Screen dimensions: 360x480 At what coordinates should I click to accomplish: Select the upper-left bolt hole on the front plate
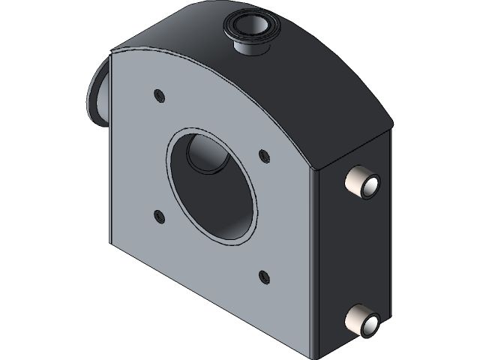pyautogui.click(x=158, y=94)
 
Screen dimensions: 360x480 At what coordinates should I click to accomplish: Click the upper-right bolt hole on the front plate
pyautogui.click(x=263, y=154)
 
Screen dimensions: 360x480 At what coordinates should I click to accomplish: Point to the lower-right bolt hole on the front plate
pyautogui.click(x=263, y=276)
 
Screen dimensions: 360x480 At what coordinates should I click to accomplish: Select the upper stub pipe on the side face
pyautogui.click(x=362, y=182)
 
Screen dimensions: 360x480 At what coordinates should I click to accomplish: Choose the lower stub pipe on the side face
pyautogui.click(x=362, y=320)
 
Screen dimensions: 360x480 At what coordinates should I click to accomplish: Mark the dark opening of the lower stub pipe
pyautogui.click(x=370, y=324)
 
